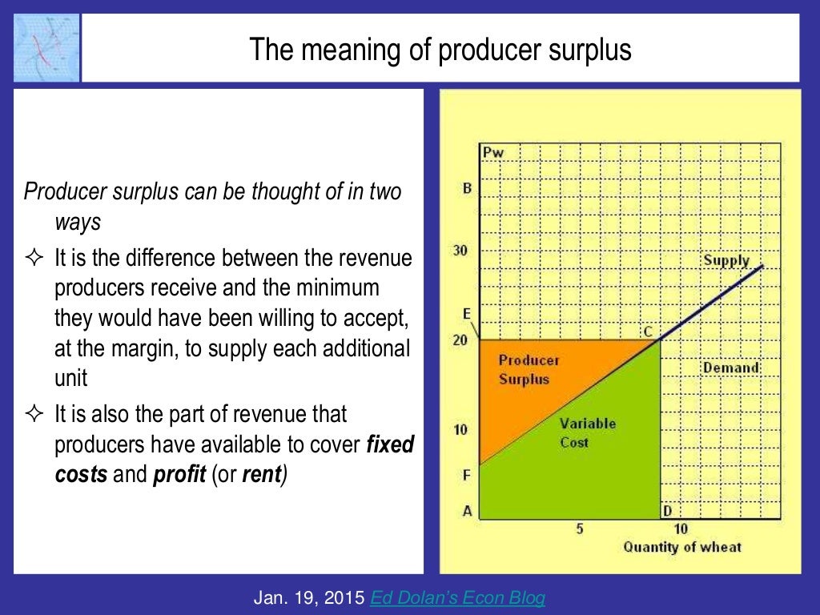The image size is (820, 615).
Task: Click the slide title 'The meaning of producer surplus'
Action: coord(440,50)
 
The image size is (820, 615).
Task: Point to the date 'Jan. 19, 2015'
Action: coord(307,597)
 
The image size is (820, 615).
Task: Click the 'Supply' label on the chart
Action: coord(726,260)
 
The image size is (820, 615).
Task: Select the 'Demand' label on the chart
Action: coord(730,368)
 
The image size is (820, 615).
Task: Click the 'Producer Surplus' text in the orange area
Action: coord(529,369)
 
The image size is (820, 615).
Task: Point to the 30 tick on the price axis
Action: coord(460,251)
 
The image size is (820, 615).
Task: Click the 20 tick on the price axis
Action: coord(460,340)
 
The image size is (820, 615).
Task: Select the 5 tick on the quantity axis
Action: coord(579,529)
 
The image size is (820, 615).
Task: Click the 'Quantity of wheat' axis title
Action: coord(682,547)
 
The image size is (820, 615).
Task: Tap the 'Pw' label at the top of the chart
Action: coord(493,151)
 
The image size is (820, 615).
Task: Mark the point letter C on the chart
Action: coord(646,332)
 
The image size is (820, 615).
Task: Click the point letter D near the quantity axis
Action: coord(667,511)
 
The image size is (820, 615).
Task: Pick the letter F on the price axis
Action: coord(466,476)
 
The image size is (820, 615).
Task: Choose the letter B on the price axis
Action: coord(466,189)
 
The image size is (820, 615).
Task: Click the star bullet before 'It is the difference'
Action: coord(34,259)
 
